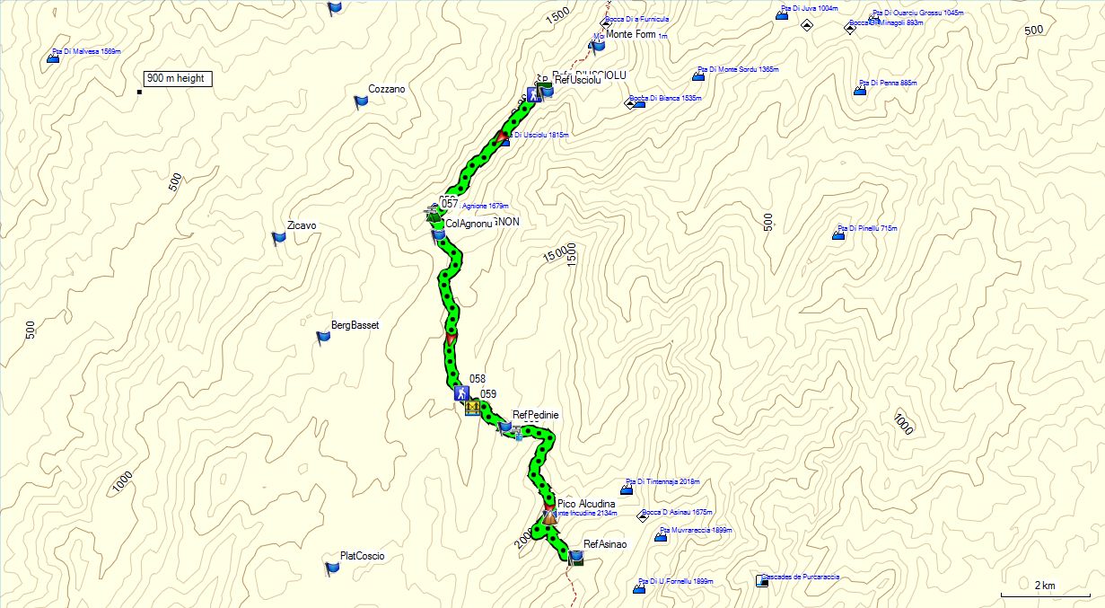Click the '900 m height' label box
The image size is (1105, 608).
pos(178,79)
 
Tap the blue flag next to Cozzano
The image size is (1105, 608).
pos(361,101)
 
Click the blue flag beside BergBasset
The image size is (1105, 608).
pos(323,337)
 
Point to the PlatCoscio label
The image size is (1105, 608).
pos(362,556)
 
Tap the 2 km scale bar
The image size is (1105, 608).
pos(1045,592)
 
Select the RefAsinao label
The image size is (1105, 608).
pos(604,544)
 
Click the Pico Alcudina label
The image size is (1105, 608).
pos(586,505)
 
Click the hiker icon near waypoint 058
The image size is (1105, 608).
pos(460,393)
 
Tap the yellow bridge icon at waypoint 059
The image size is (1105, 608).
pos(472,410)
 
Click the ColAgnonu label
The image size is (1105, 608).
pos(469,224)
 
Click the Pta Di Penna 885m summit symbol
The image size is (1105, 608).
pos(860,90)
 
